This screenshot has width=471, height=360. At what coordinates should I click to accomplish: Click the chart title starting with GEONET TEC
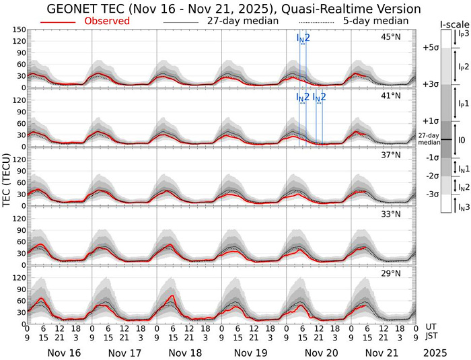(x=234, y=9)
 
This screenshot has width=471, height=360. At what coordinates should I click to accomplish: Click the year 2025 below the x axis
(x=438, y=352)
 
